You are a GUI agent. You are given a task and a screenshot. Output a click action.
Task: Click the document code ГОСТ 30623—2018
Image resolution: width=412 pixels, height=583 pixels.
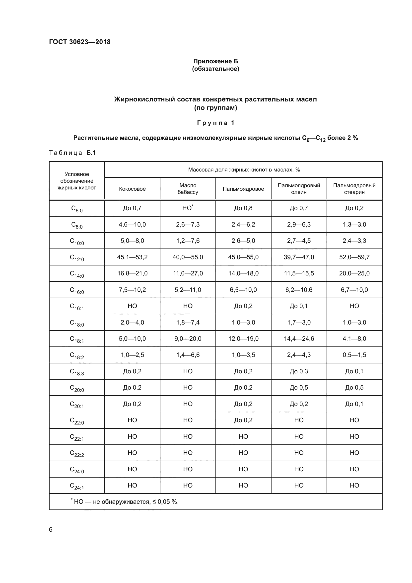coord(80,42)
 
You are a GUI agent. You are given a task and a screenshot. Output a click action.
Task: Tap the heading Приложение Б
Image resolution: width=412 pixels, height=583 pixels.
coord(215,61)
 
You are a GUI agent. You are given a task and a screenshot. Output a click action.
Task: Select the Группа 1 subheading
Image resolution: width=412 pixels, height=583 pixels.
coord(215,123)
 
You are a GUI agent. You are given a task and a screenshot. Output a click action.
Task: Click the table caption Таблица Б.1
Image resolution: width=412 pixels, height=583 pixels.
coord(72,153)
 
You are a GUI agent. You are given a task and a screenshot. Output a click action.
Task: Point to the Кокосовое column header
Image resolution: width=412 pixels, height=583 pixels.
coord(132,189)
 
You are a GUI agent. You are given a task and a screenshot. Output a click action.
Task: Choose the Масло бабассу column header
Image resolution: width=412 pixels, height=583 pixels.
coord(188,189)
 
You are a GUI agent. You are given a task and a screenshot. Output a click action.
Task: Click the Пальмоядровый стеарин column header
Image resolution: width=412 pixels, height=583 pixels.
coord(354,189)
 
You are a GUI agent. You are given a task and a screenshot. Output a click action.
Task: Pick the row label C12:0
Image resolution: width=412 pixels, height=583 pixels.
coord(77,257)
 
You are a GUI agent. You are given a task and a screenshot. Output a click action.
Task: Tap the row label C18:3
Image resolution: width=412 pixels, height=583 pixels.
coord(77,372)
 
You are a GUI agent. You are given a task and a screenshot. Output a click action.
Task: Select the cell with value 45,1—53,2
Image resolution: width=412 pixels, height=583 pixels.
coord(132,257)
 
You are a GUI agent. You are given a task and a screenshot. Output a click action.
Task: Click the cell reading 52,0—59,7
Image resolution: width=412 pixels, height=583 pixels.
coord(354,257)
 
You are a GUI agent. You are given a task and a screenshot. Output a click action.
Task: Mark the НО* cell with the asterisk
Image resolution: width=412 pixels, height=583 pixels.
coord(188,208)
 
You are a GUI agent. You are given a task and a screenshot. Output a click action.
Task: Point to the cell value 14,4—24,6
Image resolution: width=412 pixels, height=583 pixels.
coord(299,338)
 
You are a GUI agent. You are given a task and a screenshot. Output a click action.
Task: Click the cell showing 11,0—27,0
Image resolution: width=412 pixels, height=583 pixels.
coord(188,273)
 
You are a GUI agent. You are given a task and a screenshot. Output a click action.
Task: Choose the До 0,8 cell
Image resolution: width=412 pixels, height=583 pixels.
coord(243,208)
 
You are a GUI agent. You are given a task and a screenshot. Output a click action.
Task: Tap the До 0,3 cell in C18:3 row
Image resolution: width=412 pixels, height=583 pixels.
coord(299,371)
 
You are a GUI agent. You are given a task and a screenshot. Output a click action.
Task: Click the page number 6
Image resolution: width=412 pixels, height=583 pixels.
coord(51,529)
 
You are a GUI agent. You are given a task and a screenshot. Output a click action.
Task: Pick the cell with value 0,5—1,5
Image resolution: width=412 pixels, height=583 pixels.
coord(354,355)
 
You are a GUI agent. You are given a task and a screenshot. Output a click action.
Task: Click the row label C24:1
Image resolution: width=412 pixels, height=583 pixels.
coord(77,486)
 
